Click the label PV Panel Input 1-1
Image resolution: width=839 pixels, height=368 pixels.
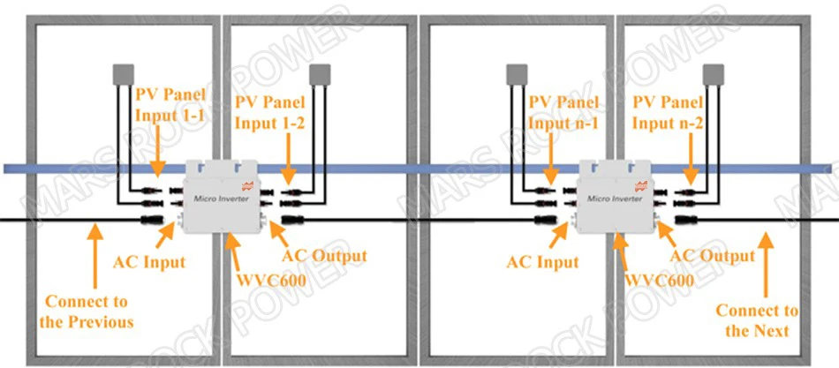170,105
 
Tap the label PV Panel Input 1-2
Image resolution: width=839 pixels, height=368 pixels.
270,112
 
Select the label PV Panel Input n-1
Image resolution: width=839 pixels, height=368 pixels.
563,112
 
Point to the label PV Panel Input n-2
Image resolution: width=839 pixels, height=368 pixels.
669,112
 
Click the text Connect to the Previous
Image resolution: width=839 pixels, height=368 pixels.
87,312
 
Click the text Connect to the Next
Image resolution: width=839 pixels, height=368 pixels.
757,319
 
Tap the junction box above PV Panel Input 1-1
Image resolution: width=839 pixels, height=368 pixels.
123,74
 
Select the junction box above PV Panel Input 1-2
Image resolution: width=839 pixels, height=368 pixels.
321,74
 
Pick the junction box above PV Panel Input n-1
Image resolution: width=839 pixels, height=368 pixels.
518,74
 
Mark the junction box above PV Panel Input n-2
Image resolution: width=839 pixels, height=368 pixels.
713,74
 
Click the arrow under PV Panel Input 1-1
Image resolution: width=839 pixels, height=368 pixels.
157,154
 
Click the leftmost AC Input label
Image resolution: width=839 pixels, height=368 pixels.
149,263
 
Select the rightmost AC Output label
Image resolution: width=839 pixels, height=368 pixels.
713,256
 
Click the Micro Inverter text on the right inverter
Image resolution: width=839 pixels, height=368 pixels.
615,199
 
